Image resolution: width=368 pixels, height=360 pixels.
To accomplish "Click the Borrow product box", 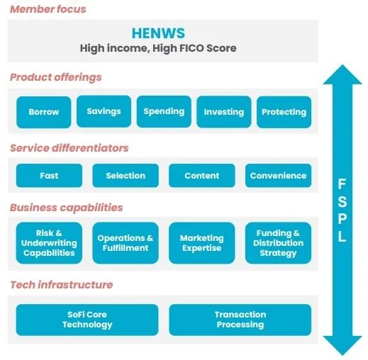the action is (x=44, y=112).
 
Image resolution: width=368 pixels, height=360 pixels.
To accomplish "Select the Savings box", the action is (x=104, y=111).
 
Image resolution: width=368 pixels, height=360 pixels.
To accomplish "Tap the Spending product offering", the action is (x=164, y=111).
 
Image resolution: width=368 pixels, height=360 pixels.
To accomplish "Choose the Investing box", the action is (x=224, y=112).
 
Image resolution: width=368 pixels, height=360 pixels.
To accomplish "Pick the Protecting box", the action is (x=284, y=112).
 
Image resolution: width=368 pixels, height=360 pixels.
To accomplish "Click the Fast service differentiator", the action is (x=49, y=176).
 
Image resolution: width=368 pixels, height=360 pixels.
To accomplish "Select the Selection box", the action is (x=126, y=176).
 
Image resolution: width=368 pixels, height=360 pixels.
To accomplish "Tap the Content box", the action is (x=202, y=176).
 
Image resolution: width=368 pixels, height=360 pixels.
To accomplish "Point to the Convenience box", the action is (x=278, y=176).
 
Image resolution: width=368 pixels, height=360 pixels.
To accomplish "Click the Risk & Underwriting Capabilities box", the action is (x=49, y=243).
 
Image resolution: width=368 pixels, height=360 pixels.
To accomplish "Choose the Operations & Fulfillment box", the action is (x=126, y=243).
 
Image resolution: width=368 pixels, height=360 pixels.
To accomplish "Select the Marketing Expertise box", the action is (x=202, y=243).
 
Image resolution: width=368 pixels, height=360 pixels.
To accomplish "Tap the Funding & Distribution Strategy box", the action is (x=278, y=243).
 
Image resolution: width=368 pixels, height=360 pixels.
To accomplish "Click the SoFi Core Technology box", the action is (x=87, y=320).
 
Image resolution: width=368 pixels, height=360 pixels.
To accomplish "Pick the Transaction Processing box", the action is (x=240, y=320).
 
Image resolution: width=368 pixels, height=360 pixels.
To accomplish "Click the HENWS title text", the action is (x=158, y=33).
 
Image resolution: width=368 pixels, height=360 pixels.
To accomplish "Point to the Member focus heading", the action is (x=48, y=9).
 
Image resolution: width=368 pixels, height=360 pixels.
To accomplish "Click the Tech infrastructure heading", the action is (x=62, y=285).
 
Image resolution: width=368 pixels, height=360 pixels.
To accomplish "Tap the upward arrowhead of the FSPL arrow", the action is (x=342, y=74).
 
